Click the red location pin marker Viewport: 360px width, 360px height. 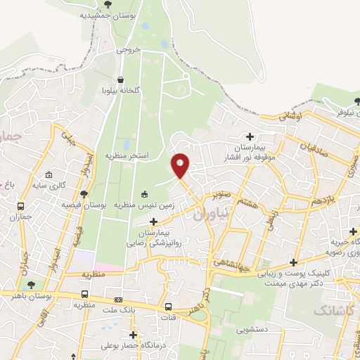pos(181,166)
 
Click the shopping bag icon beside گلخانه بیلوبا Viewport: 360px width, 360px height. pos(121,79)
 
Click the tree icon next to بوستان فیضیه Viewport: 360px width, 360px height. pos(84,194)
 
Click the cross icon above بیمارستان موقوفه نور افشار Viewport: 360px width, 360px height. pos(250,136)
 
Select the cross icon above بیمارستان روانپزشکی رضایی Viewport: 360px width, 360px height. pos(153,221)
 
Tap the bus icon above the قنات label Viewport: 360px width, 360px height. pos(169,307)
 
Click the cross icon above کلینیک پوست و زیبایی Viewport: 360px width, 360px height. pos(293,262)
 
